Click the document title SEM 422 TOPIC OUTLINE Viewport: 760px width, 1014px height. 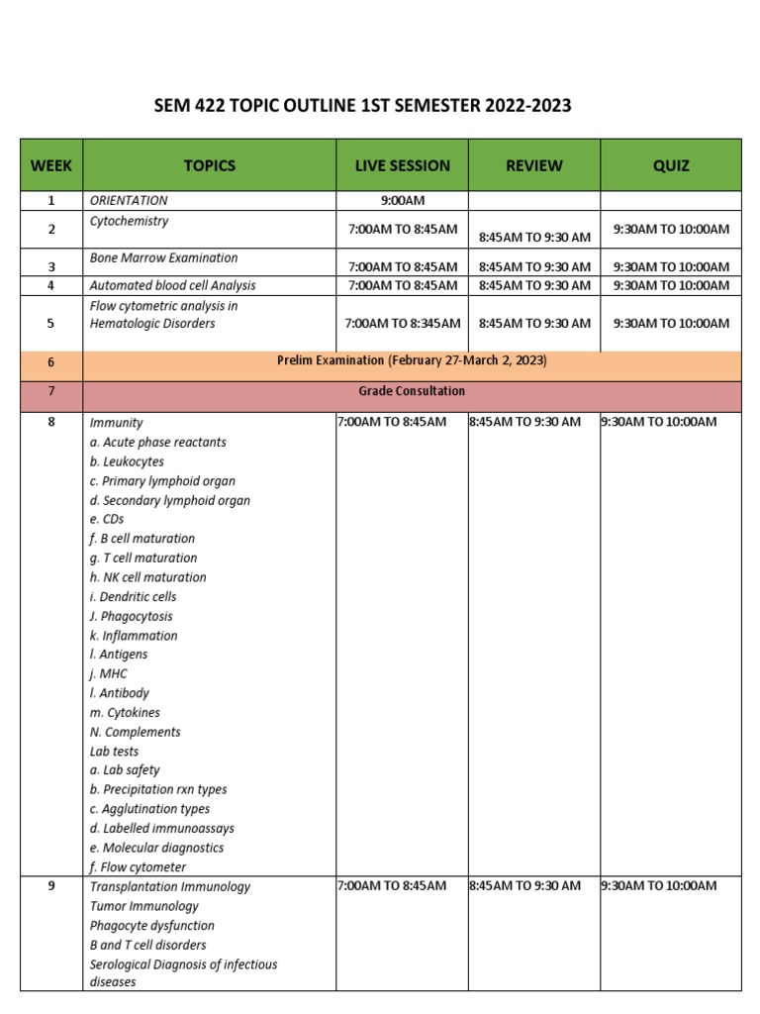[363, 106]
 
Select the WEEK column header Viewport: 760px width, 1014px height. [51, 165]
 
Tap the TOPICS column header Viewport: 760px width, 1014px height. [210, 165]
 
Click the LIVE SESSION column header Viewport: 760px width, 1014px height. [402, 165]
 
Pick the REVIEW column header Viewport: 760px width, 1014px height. [534, 165]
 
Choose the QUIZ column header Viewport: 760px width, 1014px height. [671, 165]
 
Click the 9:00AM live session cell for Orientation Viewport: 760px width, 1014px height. [402, 201]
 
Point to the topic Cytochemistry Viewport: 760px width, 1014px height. [129, 221]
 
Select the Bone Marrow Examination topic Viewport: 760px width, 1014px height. [163, 257]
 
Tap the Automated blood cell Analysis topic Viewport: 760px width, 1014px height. [172, 285]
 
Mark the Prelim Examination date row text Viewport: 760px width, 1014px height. [412, 360]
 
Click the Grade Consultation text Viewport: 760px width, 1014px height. [412, 391]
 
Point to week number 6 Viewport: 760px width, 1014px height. [51, 362]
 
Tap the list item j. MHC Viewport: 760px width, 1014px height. [108, 673]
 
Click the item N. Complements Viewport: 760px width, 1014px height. [135, 732]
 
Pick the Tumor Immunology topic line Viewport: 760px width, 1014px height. [143, 906]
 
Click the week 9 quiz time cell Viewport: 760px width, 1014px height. [658, 885]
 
